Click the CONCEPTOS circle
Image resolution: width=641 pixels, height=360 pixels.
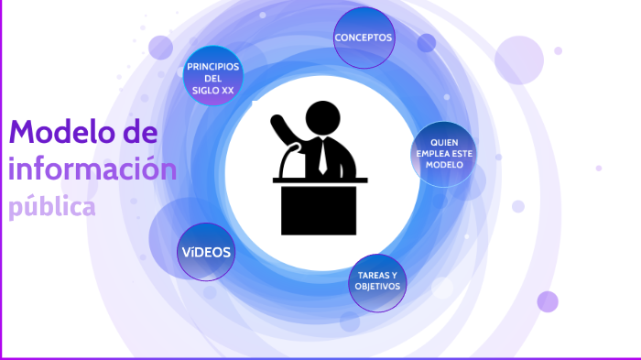pyautogui.click(x=364, y=38)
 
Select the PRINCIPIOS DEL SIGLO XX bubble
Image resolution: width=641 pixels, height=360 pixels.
pyautogui.click(x=213, y=78)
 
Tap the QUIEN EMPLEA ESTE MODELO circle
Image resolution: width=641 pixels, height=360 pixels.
pyautogui.click(x=443, y=154)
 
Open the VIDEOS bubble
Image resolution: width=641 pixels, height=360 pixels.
pyautogui.click(x=206, y=251)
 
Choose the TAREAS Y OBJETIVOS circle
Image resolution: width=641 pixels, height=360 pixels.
pyautogui.click(x=377, y=281)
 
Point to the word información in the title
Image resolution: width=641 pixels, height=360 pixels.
pyautogui.click(x=92, y=169)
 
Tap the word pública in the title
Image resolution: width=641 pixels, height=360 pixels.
pyautogui.click(x=52, y=207)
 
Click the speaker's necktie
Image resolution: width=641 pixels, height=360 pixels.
pyautogui.click(x=323, y=157)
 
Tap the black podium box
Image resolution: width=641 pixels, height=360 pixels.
pyautogui.click(x=320, y=209)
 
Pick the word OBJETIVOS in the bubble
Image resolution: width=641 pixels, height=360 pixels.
pyautogui.click(x=377, y=287)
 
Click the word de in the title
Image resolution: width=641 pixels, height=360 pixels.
pyautogui.click(x=139, y=133)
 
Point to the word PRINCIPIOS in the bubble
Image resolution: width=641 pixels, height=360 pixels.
pyautogui.click(x=213, y=67)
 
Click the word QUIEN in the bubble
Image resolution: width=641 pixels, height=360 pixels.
pyautogui.click(x=443, y=143)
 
